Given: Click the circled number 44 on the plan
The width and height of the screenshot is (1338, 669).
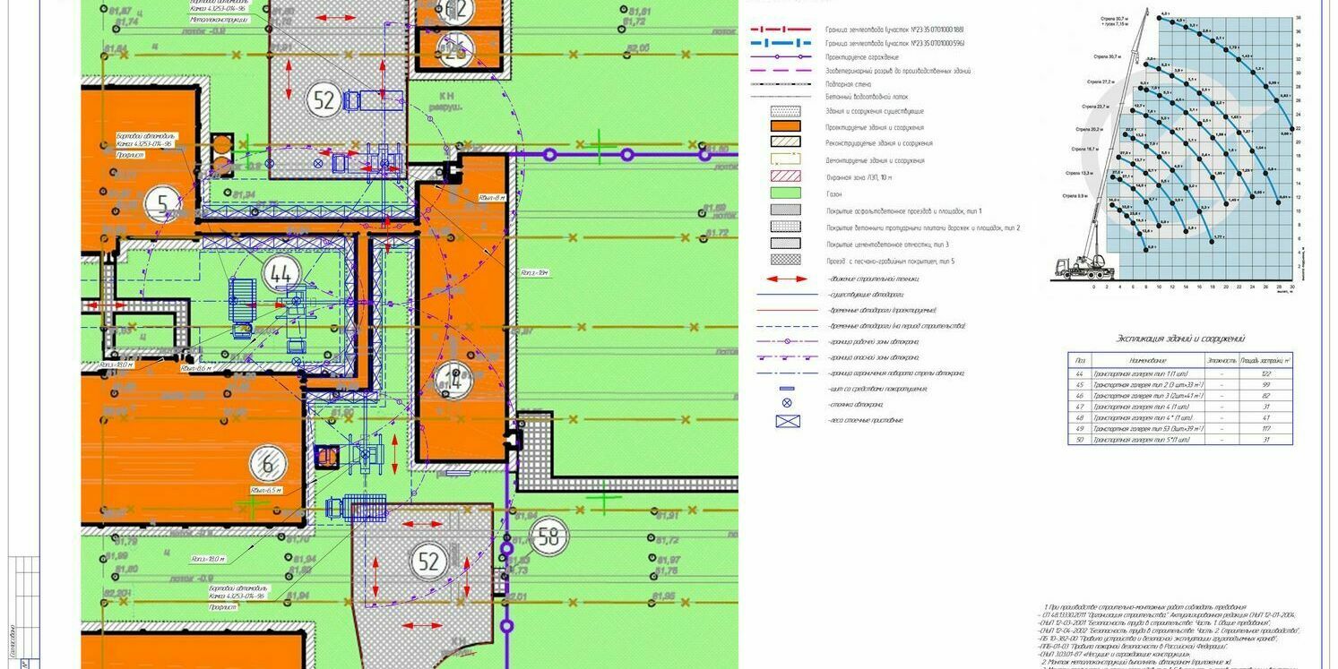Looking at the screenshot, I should (281, 275).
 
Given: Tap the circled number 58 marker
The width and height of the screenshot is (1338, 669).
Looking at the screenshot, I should (548, 537).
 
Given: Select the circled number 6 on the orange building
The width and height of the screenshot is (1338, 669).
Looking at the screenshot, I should (267, 466).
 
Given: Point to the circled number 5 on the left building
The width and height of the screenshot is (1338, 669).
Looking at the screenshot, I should (162, 205).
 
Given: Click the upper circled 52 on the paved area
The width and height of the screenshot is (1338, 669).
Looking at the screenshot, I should (324, 99).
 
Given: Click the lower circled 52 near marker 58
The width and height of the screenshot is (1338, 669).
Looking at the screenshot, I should (428, 562).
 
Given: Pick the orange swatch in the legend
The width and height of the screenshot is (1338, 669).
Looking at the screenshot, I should (785, 128).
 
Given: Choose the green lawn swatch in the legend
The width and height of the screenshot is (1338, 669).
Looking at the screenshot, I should (785, 193).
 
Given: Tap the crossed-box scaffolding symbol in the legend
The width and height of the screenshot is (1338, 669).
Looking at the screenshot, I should (787, 420).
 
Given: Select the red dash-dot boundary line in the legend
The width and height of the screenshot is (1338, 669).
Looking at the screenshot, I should (785, 30).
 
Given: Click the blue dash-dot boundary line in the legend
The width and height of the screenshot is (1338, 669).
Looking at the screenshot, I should (785, 43).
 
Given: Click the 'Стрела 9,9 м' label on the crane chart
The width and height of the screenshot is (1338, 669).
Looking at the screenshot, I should (1075, 195).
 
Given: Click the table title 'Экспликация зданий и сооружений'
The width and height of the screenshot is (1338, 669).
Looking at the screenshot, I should (1179, 339).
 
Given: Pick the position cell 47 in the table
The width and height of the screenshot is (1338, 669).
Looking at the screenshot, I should (1079, 406).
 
